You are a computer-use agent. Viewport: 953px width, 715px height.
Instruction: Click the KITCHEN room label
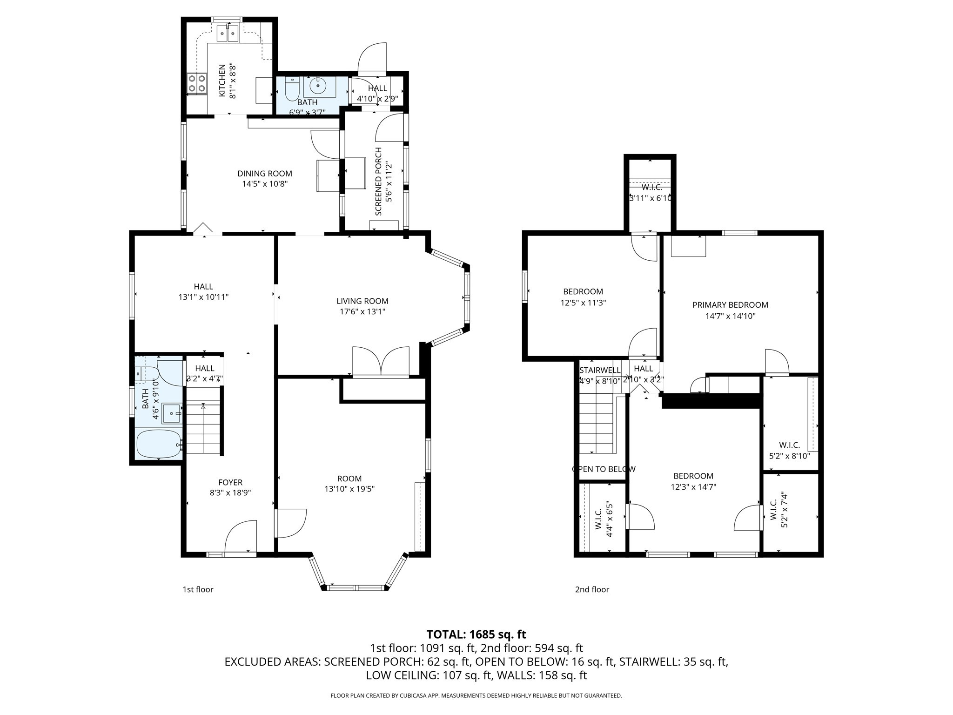click(x=222, y=81)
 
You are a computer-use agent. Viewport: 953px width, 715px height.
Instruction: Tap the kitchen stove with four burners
click(x=197, y=84)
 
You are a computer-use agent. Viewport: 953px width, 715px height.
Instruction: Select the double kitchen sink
click(x=228, y=34)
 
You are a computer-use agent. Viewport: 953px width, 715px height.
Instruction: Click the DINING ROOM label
click(x=264, y=174)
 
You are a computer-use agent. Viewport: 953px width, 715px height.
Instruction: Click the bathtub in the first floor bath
click(x=158, y=444)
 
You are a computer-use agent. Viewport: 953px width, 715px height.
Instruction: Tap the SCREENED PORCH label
click(x=378, y=182)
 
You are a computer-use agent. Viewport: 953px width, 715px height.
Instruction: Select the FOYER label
click(x=230, y=482)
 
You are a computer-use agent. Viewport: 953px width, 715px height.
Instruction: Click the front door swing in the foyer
click(x=241, y=538)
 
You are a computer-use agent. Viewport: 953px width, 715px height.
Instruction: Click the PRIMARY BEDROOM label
click(x=730, y=305)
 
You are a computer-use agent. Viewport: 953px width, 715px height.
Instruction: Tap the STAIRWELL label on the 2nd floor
click(x=599, y=370)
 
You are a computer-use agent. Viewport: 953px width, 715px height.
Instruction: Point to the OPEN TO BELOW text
click(x=603, y=469)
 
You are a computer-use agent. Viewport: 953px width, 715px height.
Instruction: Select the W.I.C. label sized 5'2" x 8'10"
click(x=789, y=445)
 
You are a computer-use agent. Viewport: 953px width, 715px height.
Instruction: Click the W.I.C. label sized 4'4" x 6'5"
click(x=598, y=519)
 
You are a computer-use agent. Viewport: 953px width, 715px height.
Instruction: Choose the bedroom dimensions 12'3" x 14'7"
click(x=693, y=487)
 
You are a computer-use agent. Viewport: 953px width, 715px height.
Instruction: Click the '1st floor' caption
click(x=198, y=589)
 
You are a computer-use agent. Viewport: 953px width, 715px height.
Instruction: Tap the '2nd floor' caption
click(x=591, y=589)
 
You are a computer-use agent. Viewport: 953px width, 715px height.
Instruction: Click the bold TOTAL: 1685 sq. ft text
click(x=476, y=634)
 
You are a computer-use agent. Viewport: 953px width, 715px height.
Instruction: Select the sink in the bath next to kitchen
click(x=318, y=86)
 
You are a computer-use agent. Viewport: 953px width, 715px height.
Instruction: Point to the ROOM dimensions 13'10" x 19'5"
click(x=349, y=489)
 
